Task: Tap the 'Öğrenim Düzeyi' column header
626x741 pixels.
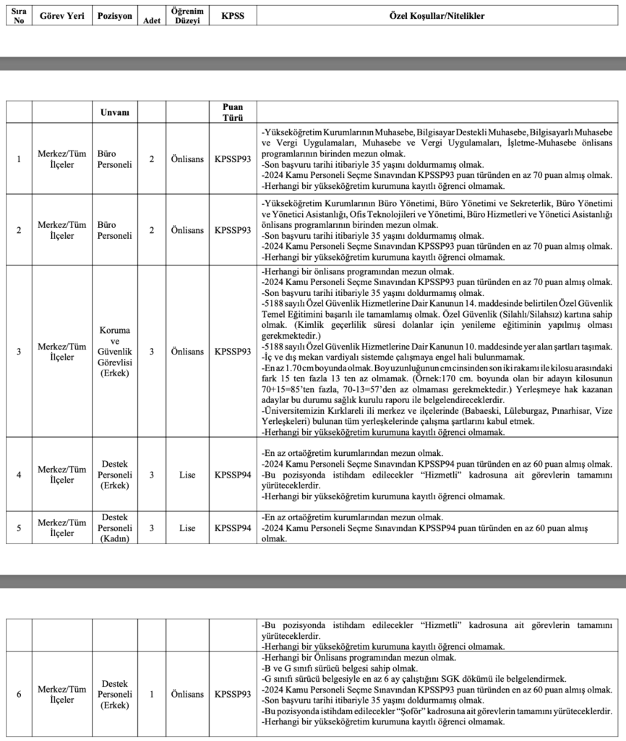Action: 186,16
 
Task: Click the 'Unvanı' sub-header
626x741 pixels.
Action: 115,112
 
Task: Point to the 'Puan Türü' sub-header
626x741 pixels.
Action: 233,112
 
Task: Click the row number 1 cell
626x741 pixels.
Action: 19,158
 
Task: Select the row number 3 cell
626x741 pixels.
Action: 19,351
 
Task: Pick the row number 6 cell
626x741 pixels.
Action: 19,694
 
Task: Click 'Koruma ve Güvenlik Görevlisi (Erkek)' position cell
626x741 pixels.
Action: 115,351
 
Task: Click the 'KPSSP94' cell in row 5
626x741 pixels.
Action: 233,528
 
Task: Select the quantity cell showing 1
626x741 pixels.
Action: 152,694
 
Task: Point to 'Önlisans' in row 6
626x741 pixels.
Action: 186,694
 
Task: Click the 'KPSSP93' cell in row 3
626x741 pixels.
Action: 233,351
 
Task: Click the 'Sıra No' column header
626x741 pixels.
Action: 19,16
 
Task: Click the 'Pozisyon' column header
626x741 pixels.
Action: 115,15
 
